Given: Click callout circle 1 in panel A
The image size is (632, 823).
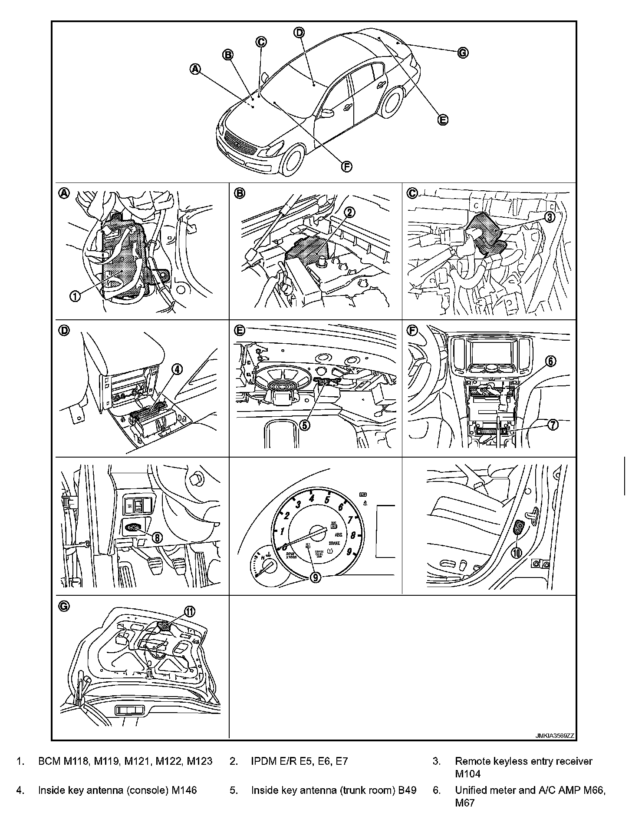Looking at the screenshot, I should (75, 296).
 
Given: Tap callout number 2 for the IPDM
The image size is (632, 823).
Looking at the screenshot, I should (349, 212).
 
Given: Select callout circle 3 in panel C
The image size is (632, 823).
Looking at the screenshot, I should (550, 216).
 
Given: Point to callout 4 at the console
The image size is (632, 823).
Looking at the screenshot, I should (177, 369).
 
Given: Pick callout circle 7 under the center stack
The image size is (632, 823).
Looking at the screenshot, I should (553, 425).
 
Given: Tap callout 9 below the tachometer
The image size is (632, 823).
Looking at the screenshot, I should (315, 576).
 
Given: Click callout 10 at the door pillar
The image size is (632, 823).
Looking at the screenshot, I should (517, 552).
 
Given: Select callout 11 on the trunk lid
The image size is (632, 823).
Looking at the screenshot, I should (190, 611).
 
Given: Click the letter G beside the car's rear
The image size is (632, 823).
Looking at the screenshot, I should (463, 53).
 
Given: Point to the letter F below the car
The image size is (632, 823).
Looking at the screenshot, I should (346, 166).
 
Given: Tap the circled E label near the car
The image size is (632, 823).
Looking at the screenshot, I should (442, 119).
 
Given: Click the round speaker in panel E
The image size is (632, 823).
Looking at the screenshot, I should (280, 385).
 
